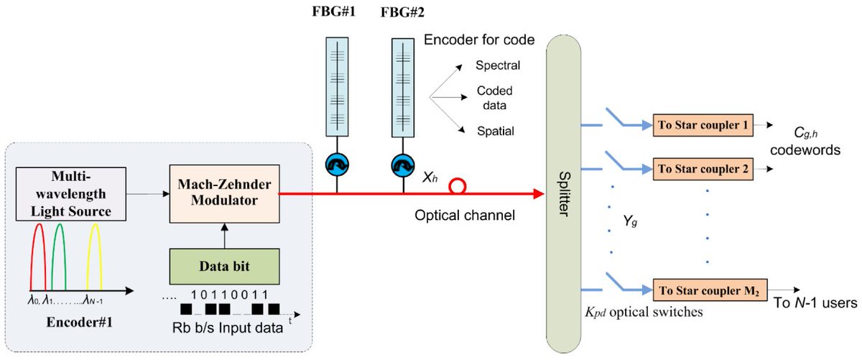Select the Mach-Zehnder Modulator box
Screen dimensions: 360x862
(224, 193)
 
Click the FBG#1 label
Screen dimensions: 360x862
(334, 12)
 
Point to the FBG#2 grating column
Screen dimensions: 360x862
(402, 86)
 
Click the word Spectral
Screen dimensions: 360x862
(499, 66)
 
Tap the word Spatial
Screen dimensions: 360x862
(496, 130)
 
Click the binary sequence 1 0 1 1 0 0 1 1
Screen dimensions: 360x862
(230, 295)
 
